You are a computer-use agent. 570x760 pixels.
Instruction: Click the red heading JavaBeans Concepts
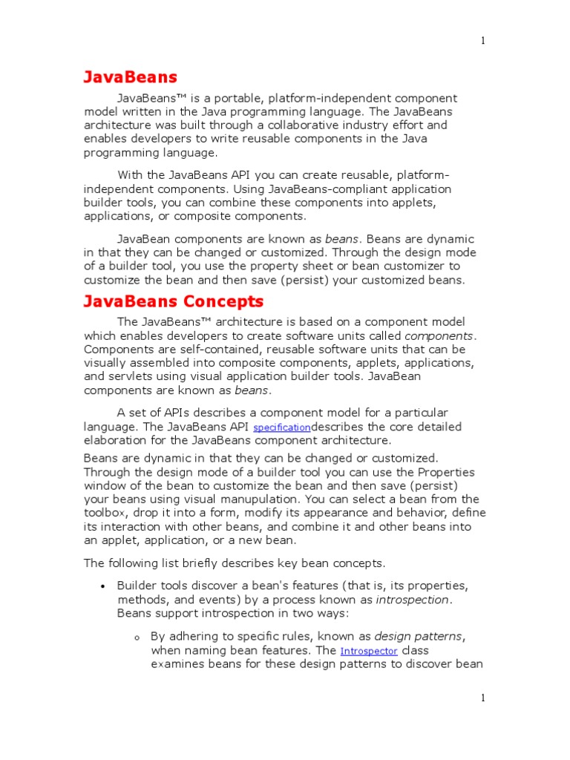173,302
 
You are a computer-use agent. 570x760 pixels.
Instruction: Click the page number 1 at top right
482,42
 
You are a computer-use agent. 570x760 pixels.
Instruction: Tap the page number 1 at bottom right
482,698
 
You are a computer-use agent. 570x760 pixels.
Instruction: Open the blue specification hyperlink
282,428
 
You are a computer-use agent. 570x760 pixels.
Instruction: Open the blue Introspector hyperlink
369,651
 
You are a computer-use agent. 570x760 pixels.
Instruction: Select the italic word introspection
413,600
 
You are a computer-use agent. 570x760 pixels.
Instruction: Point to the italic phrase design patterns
419,637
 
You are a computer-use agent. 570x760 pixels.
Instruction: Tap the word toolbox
108,514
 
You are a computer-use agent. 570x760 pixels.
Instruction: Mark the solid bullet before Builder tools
102,586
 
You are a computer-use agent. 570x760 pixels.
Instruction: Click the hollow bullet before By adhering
137,638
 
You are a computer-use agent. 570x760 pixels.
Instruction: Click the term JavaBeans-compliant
270,189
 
